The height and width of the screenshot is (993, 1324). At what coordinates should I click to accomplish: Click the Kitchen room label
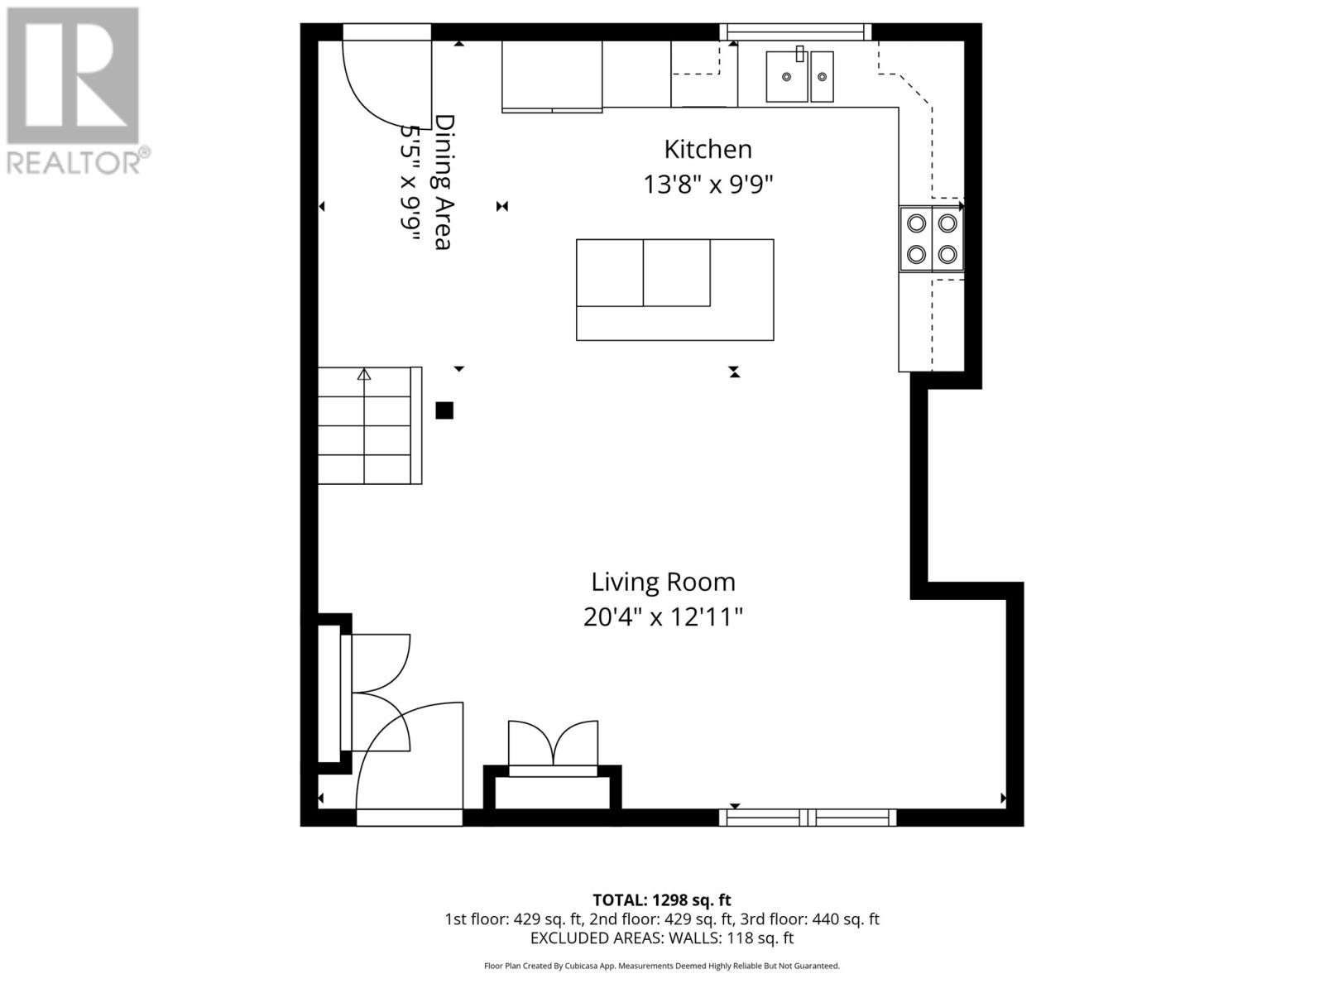click(x=708, y=150)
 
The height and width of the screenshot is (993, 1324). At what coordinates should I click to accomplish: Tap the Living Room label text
click(x=663, y=582)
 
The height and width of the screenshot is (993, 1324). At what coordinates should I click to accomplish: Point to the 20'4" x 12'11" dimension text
click(x=663, y=617)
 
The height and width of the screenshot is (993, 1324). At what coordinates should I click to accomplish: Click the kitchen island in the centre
click(x=674, y=290)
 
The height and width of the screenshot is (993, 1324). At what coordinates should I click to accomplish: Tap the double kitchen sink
click(x=799, y=76)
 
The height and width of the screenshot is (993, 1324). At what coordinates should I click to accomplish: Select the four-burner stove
click(x=932, y=239)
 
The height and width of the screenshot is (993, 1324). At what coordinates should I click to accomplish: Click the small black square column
click(x=444, y=410)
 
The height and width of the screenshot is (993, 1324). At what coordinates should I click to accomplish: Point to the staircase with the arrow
click(x=369, y=425)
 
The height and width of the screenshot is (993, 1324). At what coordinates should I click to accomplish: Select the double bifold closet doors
click(x=553, y=745)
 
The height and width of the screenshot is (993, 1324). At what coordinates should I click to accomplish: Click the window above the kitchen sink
click(x=795, y=32)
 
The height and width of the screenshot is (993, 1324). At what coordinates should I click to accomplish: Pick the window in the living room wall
click(x=808, y=818)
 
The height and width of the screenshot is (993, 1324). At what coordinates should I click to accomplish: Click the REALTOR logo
click(x=74, y=91)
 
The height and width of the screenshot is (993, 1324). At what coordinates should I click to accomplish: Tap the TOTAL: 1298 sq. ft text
click(x=661, y=900)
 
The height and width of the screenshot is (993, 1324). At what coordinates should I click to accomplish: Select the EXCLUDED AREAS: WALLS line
click(x=661, y=938)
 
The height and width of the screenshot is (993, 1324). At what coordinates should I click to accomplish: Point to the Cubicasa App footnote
click(x=661, y=966)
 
